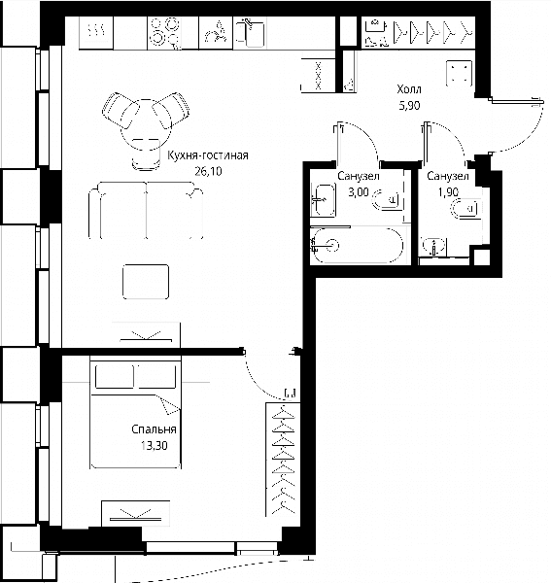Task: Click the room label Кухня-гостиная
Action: point(208,155)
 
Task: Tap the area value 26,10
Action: point(208,171)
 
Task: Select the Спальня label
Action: point(154,429)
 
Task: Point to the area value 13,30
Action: point(154,445)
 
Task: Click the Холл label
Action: point(409,89)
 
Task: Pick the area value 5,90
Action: point(409,106)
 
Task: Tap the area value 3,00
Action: point(359,192)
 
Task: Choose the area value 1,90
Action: point(448,192)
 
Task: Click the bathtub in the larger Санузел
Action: point(358,246)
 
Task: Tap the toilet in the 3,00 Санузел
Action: point(386,199)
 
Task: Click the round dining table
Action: point(146,124)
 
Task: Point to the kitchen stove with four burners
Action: point(164,33)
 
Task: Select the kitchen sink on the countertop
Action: point(250,33)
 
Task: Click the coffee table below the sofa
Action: point(146,282)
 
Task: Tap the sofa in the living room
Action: point(146,211)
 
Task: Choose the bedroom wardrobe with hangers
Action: point(283,460)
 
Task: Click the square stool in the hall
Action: point(460,73)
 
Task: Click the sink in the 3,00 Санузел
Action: point(324,200)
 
